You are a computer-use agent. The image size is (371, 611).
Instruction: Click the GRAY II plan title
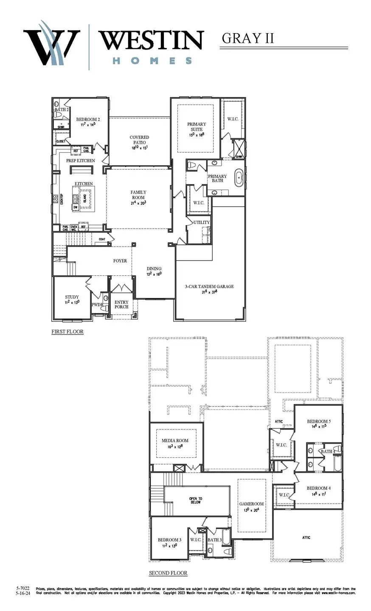(x=248, y=38)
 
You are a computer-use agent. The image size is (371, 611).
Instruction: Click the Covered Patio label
(x=139, y=140)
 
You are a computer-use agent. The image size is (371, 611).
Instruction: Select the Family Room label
(x=138, y=195)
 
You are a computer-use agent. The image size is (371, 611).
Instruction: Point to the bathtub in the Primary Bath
(x=239, y=178)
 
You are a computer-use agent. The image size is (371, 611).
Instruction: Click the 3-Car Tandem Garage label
(x=209, y=287)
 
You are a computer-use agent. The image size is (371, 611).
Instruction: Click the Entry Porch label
(x=121, y=304)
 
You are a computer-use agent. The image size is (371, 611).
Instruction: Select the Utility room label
(x=201, y=222)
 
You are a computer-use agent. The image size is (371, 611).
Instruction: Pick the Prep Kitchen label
(x=80, y=161)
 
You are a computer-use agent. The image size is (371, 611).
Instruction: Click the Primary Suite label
(x=197, y=127)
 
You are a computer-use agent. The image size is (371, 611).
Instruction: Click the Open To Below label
(x=196, y=501)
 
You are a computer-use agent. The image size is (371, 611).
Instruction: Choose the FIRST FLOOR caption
(x=67, y=331)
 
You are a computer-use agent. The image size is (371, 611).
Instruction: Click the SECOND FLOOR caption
(x=168, y=573)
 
